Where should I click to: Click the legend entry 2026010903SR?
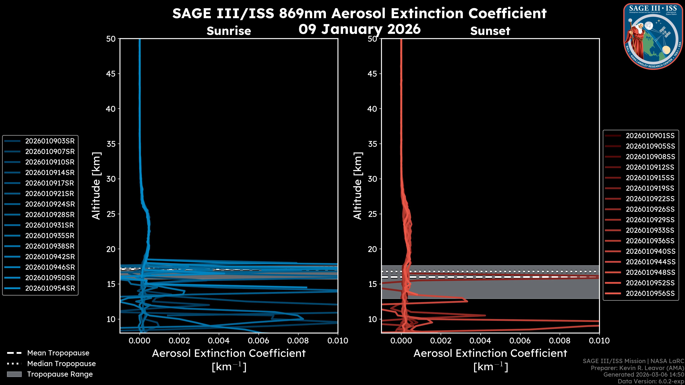(x=50, y=141)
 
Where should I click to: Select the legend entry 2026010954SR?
(x=50, y=288)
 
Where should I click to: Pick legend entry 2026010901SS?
(x=650, y=136)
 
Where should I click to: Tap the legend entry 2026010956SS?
(x=650, y=293)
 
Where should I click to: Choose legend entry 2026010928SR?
(x=50, y=215)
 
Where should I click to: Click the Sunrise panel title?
(x=229, y=31)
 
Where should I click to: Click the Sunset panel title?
(x=490, y=31)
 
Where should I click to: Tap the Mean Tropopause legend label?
(x=58, y=353)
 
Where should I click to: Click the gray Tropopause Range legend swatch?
(x=14, y=374)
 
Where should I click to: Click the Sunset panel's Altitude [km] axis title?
(x=358, y=186)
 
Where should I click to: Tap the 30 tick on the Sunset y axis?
(x=372, y=179)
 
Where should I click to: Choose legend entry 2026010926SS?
(x=650, y=209)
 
